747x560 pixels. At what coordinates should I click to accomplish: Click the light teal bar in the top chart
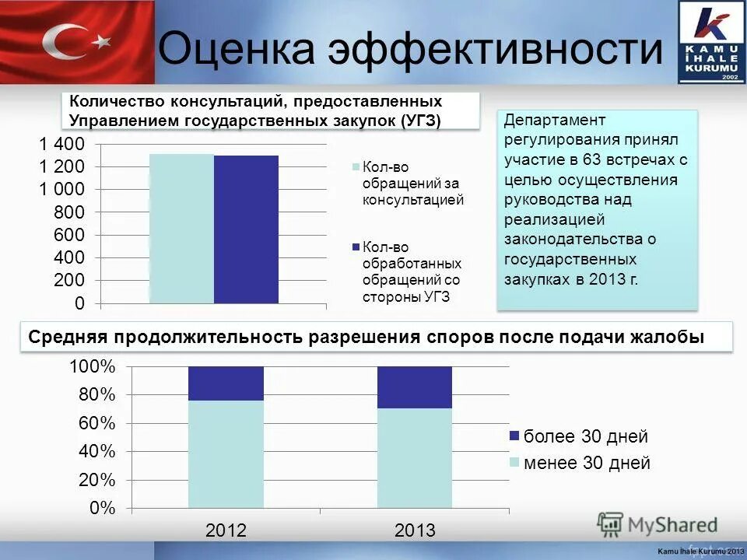tap(181, 229)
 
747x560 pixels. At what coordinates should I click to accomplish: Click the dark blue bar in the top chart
tap(246, 229)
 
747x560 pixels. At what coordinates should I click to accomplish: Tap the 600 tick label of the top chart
tap(71, 235)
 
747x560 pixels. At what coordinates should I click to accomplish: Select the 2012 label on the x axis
tap(226, 531)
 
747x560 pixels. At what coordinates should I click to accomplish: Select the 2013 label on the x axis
tap(415, 531)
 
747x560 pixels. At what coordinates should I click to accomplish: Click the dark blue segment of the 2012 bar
tap(226, 383)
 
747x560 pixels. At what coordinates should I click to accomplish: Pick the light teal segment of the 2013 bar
tap(415, 459)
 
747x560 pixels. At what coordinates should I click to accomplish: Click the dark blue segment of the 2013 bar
tap(415, 387)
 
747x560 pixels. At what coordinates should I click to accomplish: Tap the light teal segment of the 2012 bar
tap(226, 455)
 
